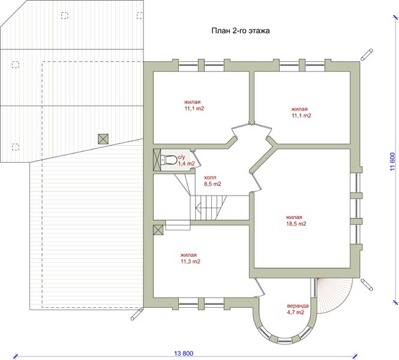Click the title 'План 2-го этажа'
(x=241, y=31)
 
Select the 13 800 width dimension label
(x=184, y=353)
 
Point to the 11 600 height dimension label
(x=392, y=161)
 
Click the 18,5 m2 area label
(x=296, y=224)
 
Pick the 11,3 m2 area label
(x=190, y=261)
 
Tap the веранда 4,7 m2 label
(x=298, y=309)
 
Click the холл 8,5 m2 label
(x=212, y=181)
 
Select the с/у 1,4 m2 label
(x=186, y=161)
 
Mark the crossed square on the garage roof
(x=103, y=139)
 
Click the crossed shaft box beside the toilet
(x=157, y=160)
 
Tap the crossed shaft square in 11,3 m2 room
(x=158, y=230)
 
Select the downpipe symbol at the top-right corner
(x=367, y=55)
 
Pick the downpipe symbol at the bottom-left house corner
(x=137, y=314)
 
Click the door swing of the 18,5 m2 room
(x=256, y=182)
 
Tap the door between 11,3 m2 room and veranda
(x=260, y=287)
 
